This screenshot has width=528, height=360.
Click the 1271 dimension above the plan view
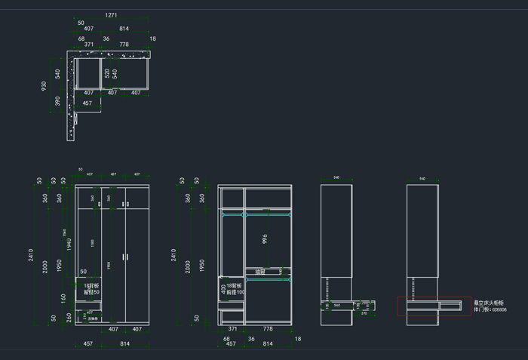coord(111,14)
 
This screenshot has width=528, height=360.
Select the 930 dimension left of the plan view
coord(44,87)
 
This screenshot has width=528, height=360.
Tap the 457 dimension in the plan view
coord(87,103)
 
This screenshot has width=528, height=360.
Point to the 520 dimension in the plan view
coord(107,73)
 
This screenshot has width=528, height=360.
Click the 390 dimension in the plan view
coord(58,100)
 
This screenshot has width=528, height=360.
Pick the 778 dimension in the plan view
coord(124,45)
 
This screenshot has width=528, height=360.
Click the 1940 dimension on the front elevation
coord(66,241)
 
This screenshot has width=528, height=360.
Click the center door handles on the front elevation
coord(124,257)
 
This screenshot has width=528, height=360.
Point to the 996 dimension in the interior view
coord(265,239)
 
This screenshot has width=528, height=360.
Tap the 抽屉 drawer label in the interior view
coord(260,271)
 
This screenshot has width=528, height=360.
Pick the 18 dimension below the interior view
coord(298,340)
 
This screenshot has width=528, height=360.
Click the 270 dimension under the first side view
coord(343,313)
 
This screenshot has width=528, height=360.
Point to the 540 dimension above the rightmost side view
coord(422,179)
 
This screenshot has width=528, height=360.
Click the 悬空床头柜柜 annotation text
coord(490,303)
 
